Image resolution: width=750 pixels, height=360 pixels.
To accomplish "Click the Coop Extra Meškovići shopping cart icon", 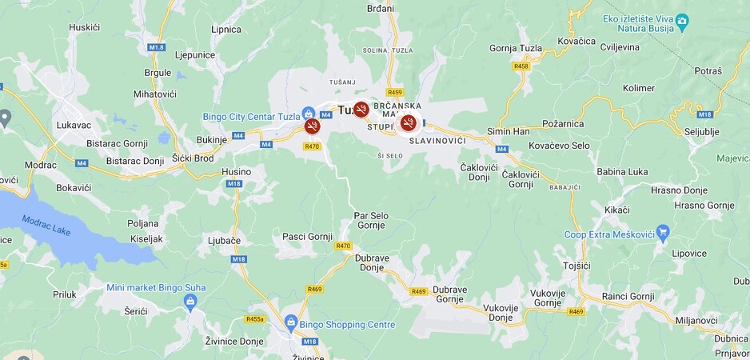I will (x=662, y=234).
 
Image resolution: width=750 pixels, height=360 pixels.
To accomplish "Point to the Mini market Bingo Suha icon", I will (x=189, y=302).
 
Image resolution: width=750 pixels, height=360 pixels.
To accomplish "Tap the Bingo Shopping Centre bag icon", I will (x=291, y=324).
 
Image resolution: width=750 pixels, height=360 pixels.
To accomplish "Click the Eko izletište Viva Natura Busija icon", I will (x=682, y=20).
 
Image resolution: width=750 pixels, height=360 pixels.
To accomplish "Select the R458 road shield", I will (x=521, y=66).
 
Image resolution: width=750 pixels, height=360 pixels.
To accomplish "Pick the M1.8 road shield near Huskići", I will (x=157, y=47).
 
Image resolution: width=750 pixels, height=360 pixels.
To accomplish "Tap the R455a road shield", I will (x=255, y=318).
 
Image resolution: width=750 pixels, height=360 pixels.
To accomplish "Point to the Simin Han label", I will (x=509, y=131).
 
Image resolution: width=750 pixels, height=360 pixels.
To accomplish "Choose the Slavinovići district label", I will (x=437, y=141).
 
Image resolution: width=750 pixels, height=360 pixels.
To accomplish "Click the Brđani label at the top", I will (x=381, y=9).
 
